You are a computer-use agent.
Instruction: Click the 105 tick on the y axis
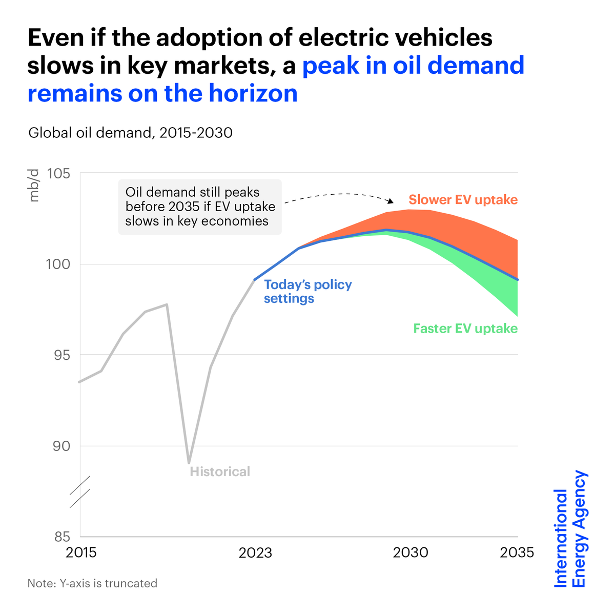(x=58, y=173)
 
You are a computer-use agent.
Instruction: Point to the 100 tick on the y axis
(x=58, y=264)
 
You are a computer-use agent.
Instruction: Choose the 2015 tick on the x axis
(x=81, y=552)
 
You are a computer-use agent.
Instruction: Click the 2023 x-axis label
(x=255, y=552)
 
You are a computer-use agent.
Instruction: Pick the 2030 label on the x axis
(x=410, y=552)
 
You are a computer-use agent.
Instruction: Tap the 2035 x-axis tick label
(x=517, y=552)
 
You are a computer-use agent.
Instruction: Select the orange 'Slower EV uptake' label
(x=463, y=200)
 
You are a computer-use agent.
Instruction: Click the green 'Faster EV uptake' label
(x=465, y=329)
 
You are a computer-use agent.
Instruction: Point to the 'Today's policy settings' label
(x=307, y=291)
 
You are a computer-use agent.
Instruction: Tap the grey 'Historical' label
(x=220, y=471)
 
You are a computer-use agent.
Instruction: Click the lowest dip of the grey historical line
(x=189, y=463)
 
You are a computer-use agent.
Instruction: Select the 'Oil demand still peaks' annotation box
(x=200, y=207)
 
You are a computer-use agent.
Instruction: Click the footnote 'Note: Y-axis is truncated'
(x=92, y=583)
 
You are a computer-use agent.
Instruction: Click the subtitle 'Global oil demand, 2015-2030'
(x=130, y=133)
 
